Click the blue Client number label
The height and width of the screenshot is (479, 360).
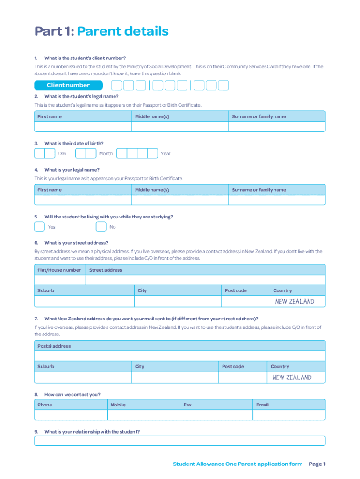[x=68, y=85]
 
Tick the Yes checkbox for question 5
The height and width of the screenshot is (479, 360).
[x=40, y=227]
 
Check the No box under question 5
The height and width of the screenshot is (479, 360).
[x=101, y=227]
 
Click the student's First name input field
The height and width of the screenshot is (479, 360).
[x=83, y=127]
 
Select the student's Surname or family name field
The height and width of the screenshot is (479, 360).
[x=277, y=127]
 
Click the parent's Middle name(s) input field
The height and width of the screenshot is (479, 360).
[x=180, y=200]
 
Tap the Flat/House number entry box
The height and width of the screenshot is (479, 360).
[x=60, y=280]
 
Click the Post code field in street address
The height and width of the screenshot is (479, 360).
[x=245, y=301]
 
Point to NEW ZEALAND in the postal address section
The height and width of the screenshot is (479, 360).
[x=292, y=377]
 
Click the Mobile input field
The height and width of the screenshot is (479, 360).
[x=144, y=415]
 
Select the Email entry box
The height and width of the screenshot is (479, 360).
[x=288, y=415]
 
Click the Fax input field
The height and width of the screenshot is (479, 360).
[x=216, y=415]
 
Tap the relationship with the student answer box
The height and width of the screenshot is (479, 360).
[x=180, y=441]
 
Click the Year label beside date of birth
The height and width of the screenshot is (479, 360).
[x=166, y=153]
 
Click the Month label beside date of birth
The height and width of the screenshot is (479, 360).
[x=106, y=153]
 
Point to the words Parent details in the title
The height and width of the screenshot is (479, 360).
[x=122, y=31]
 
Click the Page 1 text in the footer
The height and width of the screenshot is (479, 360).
[x=317, y=464]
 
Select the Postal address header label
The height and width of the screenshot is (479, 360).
[x=54, y=346]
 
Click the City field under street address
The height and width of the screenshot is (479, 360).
[x=177, y=301]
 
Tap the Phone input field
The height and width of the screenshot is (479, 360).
[x=71, y=415]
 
